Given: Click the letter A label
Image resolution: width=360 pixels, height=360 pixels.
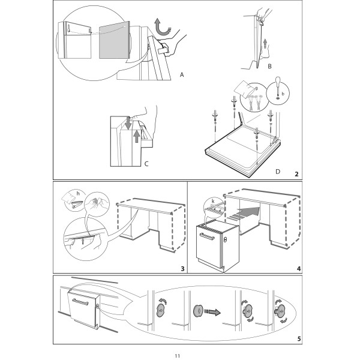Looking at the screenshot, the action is coord(182,75).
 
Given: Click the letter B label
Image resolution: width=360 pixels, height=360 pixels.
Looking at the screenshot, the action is coord(269,67).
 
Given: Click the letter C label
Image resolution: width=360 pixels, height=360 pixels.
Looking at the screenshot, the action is coord(146,164).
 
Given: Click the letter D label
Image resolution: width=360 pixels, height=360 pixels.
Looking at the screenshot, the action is coord(278,172).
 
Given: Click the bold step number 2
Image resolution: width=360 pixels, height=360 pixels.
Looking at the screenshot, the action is coord(296,174).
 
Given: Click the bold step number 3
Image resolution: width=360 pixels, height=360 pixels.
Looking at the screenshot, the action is coord(182,269).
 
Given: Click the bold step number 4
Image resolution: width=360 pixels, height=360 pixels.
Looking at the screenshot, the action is coord(299,269).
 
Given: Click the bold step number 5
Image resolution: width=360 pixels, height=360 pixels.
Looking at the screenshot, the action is coord(299,339).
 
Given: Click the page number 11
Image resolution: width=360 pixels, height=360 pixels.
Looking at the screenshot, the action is coord(177,356).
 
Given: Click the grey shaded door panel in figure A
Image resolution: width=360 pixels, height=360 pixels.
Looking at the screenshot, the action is coord(115,40).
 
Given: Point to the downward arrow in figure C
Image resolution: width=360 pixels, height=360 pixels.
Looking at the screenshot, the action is coord(128,123).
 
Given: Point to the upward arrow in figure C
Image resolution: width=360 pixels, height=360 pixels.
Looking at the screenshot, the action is coord(137,136).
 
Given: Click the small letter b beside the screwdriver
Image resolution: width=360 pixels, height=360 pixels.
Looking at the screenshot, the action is coord(283,94).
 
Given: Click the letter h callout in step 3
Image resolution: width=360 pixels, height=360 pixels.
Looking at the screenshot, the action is coord(78,194).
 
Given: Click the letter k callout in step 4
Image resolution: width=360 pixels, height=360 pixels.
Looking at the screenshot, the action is coord(213,202).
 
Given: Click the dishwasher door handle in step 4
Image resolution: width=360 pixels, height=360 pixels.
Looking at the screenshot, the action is coord(207,236).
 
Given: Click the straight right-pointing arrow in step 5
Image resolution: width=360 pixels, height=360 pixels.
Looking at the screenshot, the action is coord(212,311).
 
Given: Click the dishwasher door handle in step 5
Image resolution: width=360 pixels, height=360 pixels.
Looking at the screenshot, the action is coord(80,302).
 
